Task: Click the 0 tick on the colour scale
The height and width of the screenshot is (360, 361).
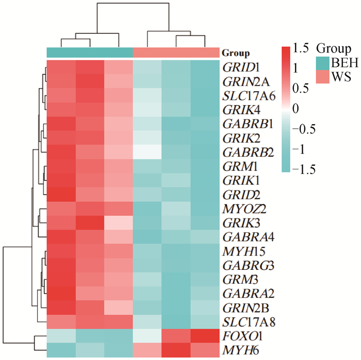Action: pos(297,109)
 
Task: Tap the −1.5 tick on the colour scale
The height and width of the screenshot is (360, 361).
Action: pos(305,169)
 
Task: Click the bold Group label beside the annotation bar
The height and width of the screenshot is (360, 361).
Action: pos(236,53)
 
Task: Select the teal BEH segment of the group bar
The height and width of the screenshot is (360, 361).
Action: pos(90,53)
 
